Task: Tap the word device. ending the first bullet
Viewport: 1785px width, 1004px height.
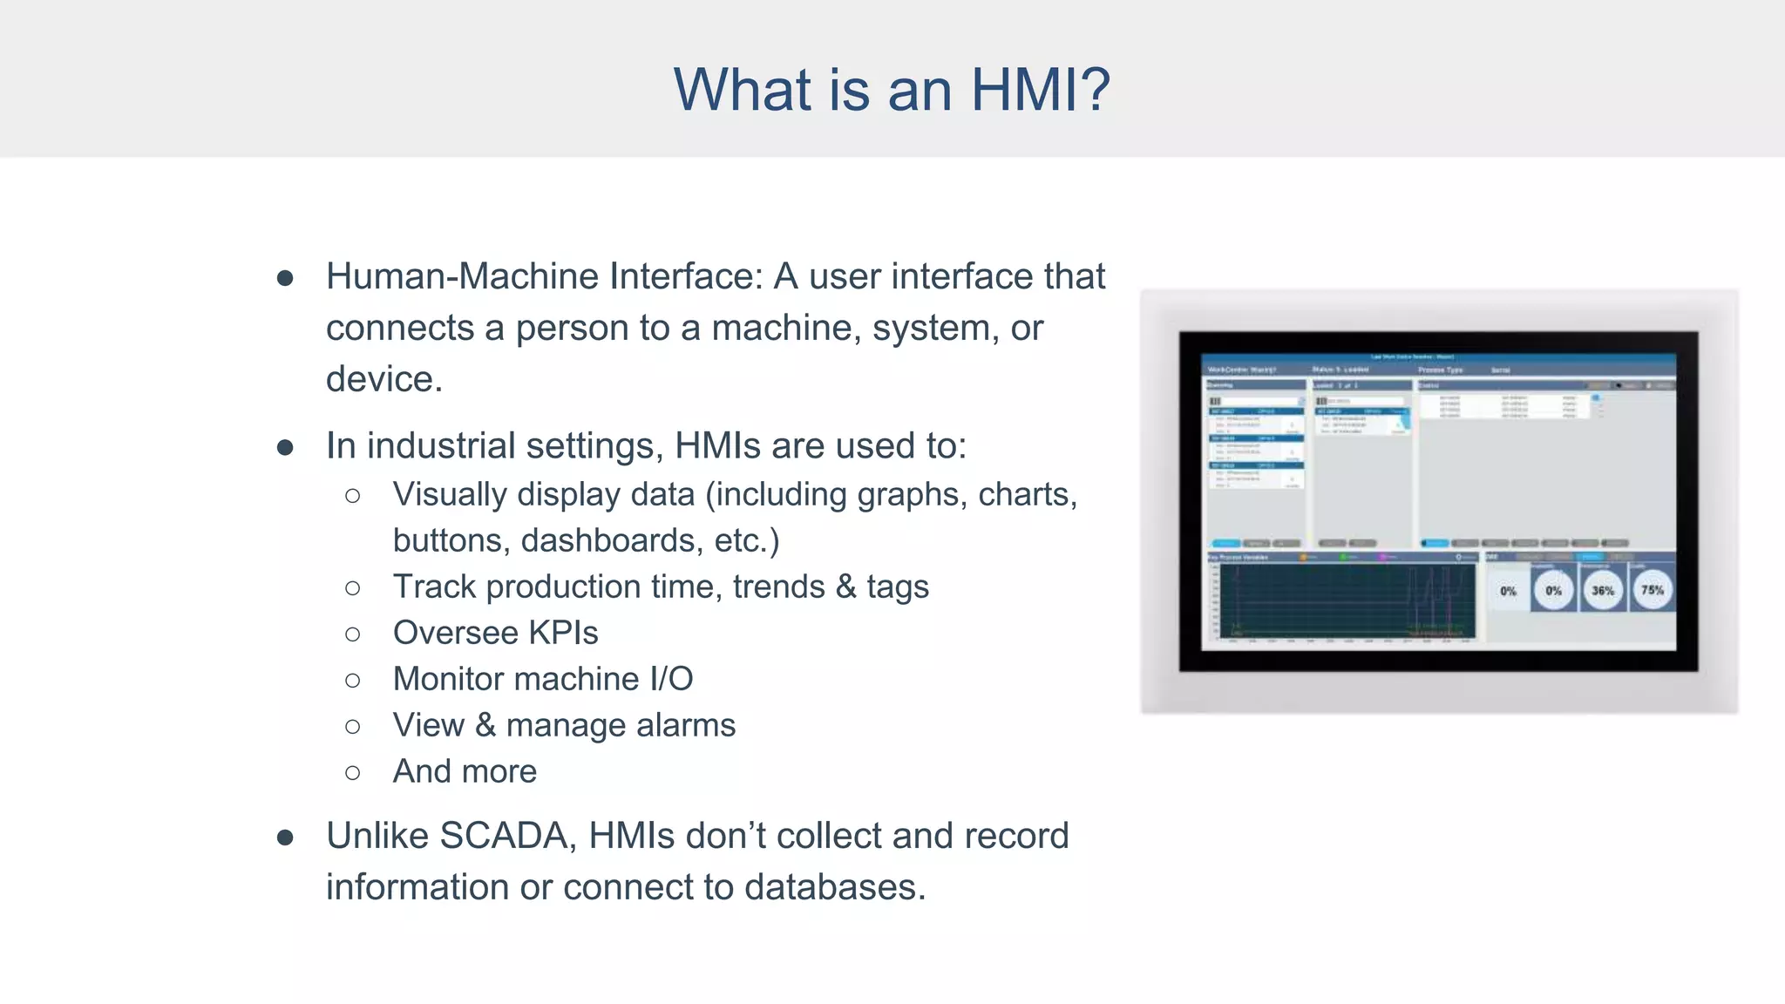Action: tap(384, 379)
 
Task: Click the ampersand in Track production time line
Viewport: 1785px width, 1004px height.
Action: tap(845, 587)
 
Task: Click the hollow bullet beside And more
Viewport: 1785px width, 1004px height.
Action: tap(352, 772)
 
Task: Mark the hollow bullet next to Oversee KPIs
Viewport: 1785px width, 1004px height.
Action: tap(352, 634)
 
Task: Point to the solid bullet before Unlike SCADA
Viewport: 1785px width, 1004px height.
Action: tap(285, 838)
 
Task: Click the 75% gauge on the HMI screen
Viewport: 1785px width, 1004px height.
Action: tap(1652, 590)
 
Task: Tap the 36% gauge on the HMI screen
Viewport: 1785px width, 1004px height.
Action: tap(1603, 590)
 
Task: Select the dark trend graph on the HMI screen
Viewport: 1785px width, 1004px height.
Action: tap(1347, 601)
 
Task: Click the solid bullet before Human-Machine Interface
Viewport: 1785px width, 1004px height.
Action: tap(285, 278)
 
